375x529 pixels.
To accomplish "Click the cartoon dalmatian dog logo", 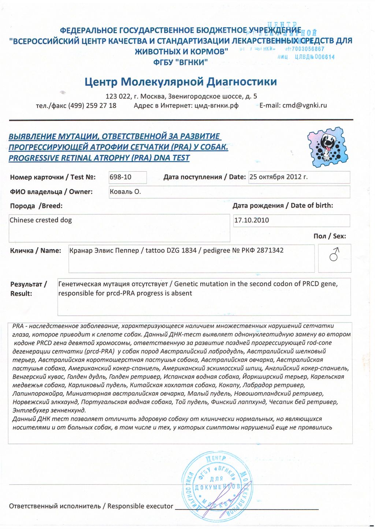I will [x=327, y=148].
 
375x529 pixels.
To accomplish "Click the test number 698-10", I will [x=120, y=177].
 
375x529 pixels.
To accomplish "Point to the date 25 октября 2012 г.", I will [x=278, y=177].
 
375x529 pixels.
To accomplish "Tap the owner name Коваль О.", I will [x=125, y=192].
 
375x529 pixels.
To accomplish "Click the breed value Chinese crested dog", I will [x=41, y=220].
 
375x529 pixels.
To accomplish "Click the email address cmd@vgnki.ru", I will [x=304, y=105].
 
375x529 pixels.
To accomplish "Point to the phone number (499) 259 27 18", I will [x=92, y=105].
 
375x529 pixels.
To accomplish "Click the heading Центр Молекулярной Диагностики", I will [x=181, y=81].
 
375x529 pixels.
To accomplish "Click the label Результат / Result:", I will [x=28, y=288].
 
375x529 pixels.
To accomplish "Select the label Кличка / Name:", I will [x=36, y=251].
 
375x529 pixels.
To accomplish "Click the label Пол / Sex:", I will [x=330, y=236].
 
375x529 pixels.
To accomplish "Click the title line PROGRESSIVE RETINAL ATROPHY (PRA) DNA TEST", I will [x=99, y=158].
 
